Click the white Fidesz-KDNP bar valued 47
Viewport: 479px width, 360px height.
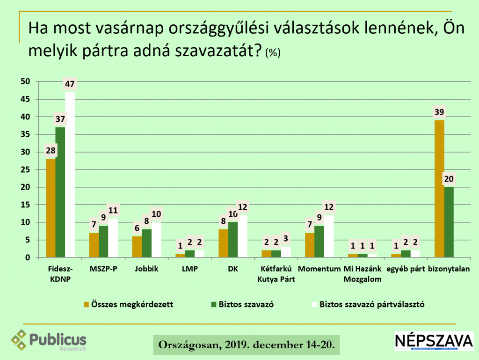tap(70, 175)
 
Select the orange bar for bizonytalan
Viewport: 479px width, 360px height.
tap(439, 189)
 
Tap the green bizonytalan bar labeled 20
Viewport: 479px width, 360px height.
tap(449, 222)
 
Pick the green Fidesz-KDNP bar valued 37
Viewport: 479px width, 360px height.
tap(60, 192)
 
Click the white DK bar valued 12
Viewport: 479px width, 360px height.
tap(242, 236)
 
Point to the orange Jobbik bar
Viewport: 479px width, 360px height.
tap(137, 247)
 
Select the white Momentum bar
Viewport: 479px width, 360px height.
tap(328, 236)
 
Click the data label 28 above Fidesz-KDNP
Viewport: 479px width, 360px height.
tap(51, 151)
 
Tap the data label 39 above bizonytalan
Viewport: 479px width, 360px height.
tap(439, 112)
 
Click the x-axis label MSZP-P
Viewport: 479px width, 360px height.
tap(102, 270)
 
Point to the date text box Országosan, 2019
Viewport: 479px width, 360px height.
tap(247, 345)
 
